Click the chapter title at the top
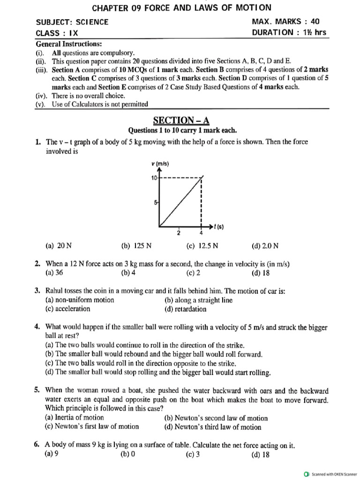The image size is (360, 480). coord(181,8)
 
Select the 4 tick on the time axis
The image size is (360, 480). coord(202,233)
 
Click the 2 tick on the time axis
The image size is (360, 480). coord(178,233)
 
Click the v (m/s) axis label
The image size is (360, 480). coord(160,164)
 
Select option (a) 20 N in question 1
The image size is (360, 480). coord(59,245)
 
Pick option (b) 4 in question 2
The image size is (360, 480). coord(128,272)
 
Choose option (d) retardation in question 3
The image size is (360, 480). coord(185,309)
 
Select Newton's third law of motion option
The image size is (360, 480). coord(213,427)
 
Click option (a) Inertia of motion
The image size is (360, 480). coord(74,418)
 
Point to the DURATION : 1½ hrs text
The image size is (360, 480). coord(289,33)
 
